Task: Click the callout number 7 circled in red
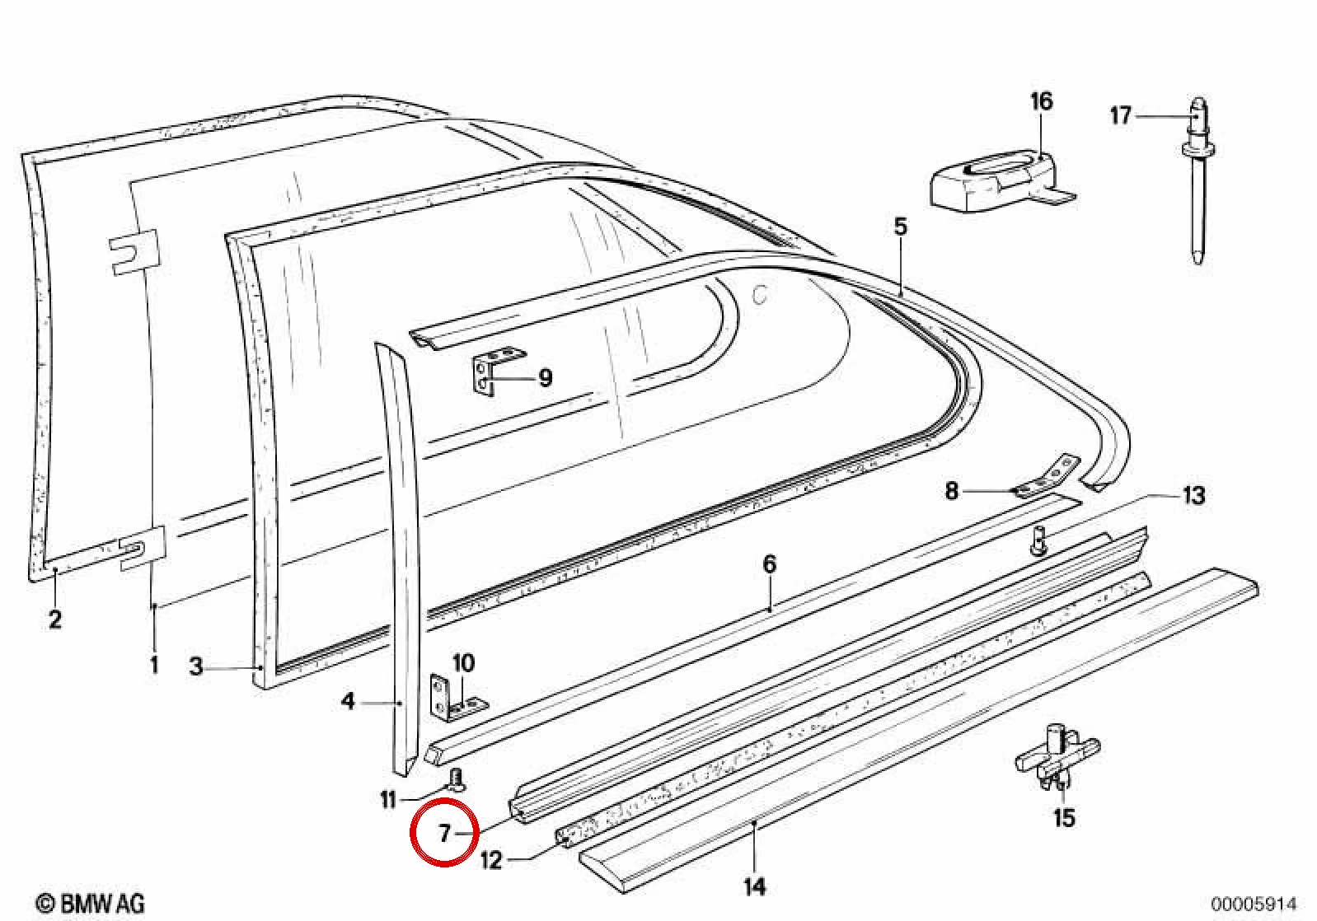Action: point(444,833)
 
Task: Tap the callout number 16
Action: point(1041,101)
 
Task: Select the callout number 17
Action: point(1121,115)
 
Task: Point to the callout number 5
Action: point(901,227)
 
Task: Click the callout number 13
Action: point(1193,495)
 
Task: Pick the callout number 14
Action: point(755,886)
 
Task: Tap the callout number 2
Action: point(54,619)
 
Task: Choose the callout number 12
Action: point(491,861)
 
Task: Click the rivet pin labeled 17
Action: point(1198,182)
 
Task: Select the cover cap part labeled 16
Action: point(1002,181)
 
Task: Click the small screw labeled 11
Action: point(457,780)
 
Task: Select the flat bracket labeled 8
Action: point(1047,477)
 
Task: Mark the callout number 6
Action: point(769,564)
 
